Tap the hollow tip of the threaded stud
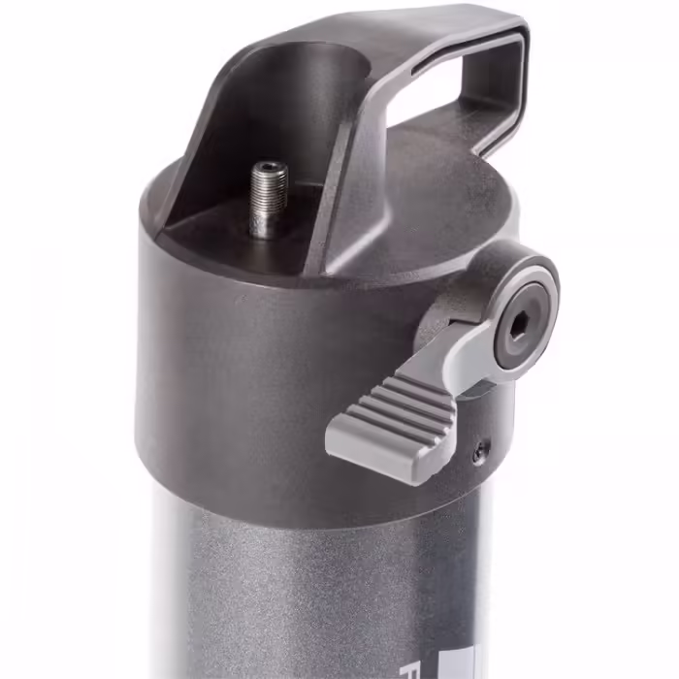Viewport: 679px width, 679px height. click(270, 169)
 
